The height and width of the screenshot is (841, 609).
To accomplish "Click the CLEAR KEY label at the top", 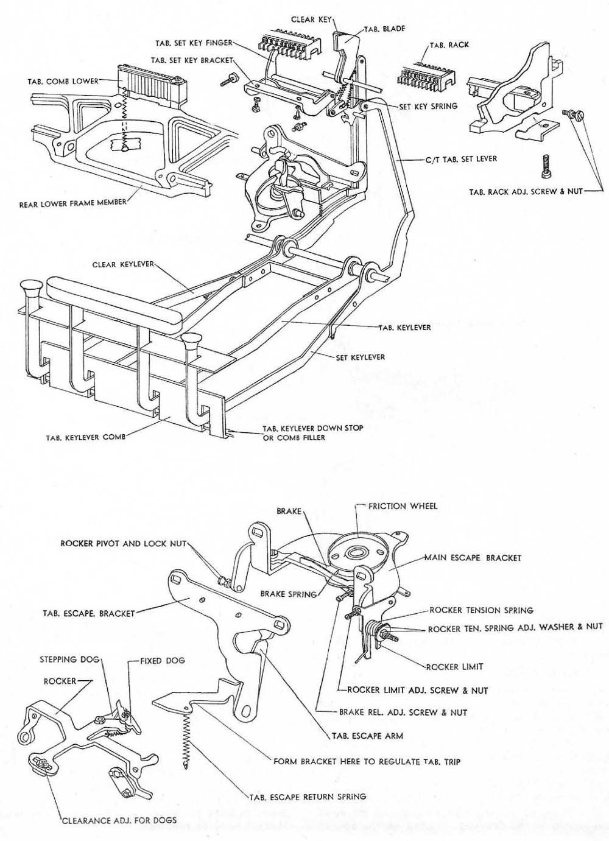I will [x=311, y=19].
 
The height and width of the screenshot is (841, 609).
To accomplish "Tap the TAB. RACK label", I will [x=449, y=45].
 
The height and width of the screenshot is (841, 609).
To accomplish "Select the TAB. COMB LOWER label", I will [x=63, y=81].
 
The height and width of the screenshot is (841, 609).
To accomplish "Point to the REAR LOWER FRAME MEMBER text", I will [x=72, y=203].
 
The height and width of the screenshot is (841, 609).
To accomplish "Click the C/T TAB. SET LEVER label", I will [x=461, y=159].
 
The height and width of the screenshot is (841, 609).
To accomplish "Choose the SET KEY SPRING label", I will [x=428, y=106].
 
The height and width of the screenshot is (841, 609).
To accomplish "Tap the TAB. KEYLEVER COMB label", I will [x=85, y=437].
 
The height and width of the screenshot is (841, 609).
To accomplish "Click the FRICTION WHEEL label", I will [x=403, y=505].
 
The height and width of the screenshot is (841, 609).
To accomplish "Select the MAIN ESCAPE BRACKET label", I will [x=473, y=557].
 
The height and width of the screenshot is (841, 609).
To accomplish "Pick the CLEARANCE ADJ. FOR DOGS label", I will [x=119, y=820].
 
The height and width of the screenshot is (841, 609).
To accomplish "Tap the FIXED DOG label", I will [x=162, y=660].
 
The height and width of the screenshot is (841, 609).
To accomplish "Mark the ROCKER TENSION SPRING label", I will [x=481, y=610].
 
